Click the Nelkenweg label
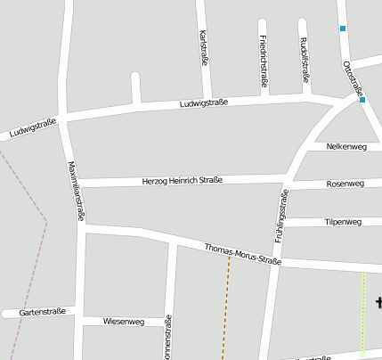[346, 146]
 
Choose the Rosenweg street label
[345, 184]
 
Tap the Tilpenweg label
[343, 222]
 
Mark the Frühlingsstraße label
[281, 217]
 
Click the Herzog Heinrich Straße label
[183, 181]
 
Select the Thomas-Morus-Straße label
[242, 254]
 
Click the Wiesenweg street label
[124, 321]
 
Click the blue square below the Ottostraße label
[362, 101]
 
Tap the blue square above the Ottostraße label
[342, 29]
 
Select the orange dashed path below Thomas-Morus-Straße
[226, 312]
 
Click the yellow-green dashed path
[362, 316]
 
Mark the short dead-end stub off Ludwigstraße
[135, 88]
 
